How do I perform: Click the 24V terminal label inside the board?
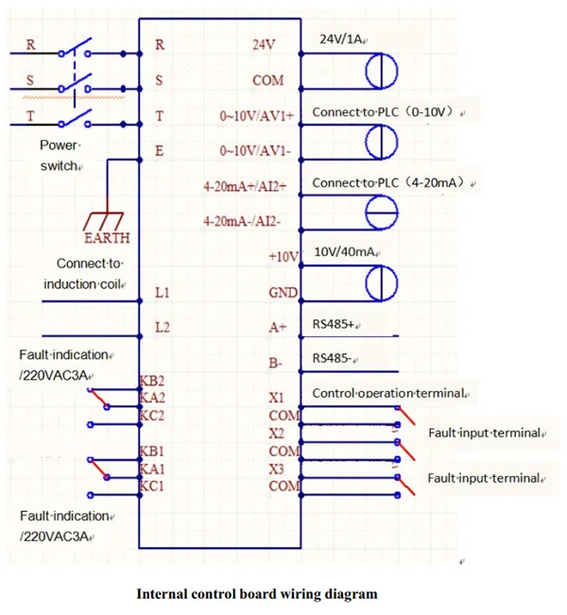pos(263,44)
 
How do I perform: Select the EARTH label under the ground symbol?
pos(107,238)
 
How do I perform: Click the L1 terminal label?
pos(162,295)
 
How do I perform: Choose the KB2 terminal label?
pos(152,381)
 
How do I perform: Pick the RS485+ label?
pos(335,325)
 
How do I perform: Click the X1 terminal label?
pos(275,399)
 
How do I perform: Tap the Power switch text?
pos(60,156)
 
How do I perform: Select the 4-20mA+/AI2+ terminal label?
pos(250,186)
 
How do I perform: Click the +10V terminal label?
pos(283,257)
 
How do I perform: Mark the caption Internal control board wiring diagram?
pos(257,594)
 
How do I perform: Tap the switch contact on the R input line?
pos(77,48)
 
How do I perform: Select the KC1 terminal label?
pos(152,486)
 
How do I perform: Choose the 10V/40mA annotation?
pos(346,252)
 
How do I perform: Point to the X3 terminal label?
pos(275,469)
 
